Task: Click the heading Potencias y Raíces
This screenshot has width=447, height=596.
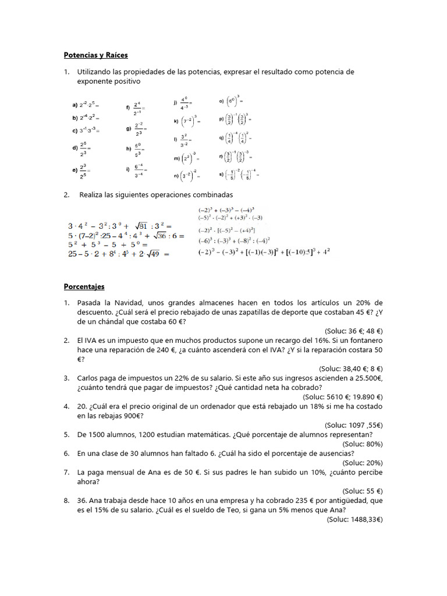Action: click(x=95, y=55)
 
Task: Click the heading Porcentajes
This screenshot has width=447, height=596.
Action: click(x=84, y=286)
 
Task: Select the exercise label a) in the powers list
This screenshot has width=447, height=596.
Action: click(x=75, y=105)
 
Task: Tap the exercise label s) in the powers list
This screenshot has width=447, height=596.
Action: click(x=221, y=173)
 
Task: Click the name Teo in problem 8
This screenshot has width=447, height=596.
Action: click(x=253, y=510)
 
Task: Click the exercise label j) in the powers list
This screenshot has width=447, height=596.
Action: click(x=175, y=102)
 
